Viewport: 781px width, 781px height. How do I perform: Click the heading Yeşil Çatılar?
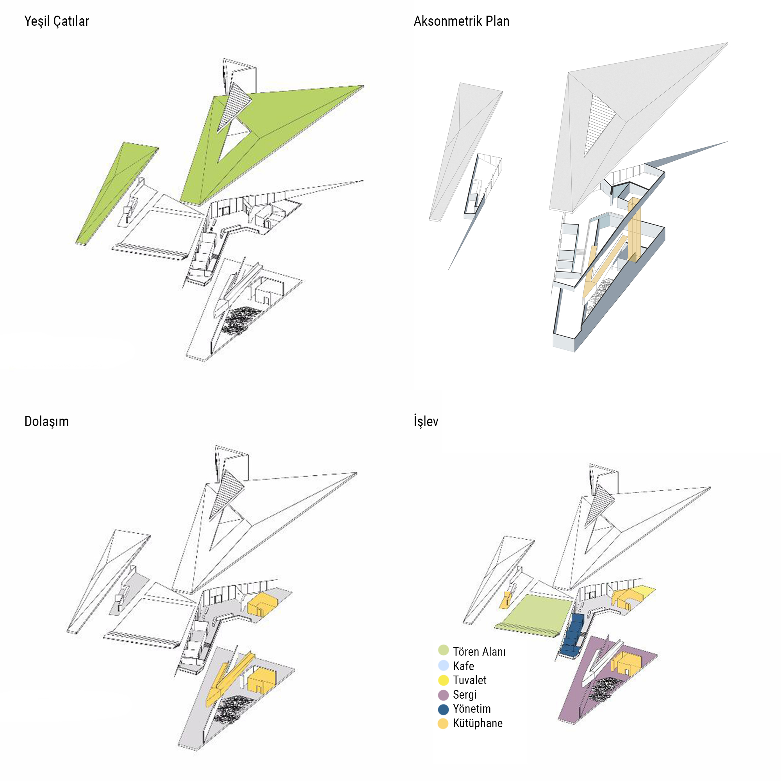[x=57, y=21]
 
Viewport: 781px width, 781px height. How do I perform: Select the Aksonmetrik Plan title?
[x=461, y=21]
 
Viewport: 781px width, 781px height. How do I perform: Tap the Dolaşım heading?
[x=46, y=421]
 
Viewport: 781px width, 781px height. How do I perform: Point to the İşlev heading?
[x=426, y=421]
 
